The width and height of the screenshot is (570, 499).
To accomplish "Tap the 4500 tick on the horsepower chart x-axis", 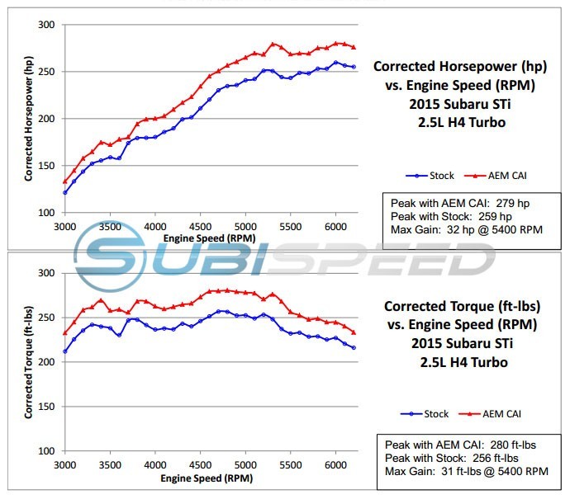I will pos(200,226).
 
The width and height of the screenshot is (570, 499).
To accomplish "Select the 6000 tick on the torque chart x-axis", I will pos(335,465).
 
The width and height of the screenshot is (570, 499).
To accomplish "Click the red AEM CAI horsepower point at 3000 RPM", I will pos(65,181).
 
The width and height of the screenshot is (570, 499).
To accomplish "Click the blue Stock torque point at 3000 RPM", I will pos(65,351).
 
